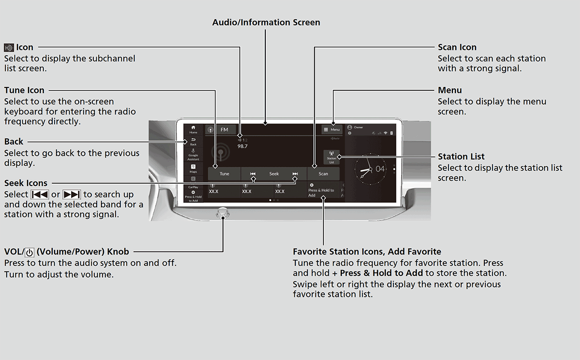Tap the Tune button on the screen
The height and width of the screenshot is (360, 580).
[x=224, y=174]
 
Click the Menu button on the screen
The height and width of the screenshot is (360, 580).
[x=332, y=130]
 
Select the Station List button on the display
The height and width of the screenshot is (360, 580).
[x=331, y=158]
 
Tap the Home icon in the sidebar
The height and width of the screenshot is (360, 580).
[x=193, y=129]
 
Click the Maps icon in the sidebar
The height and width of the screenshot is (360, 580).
[x=193, y=168]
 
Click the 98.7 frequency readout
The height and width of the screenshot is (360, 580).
[x=242, y=146]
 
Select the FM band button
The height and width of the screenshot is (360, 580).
[x=221, y=130]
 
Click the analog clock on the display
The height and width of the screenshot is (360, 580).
[x=370, y=169]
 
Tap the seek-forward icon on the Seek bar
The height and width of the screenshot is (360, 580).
[x=295, y=174]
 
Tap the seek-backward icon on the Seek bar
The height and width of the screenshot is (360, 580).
[x=252, y=174]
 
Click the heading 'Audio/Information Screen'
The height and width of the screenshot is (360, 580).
[x=266, y=22]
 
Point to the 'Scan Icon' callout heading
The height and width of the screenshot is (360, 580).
[x=457, y=47]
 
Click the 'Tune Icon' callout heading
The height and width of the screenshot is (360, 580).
[x=24, y=90]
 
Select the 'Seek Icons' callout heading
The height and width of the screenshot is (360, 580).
[x=26, y=183]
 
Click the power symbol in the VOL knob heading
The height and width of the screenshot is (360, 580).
[x=29, y=252]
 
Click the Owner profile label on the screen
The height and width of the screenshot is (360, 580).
[x=358, y=128]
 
